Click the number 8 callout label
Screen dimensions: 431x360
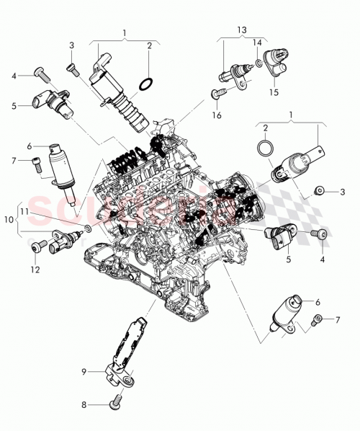[x=84, y=405]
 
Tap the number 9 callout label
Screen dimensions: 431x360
[x=84, y=372]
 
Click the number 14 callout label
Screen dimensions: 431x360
[x=256, y=44]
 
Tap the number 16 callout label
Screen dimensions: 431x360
[x=216, y=115]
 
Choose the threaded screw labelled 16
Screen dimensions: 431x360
[x=217, y=92]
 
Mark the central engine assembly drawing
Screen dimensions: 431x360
[x=180, y=223]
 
